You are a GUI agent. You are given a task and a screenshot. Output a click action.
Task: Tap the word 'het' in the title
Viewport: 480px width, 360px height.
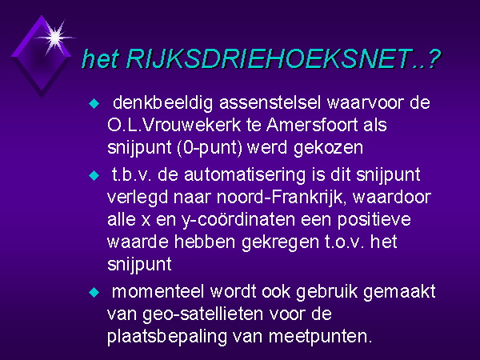100,58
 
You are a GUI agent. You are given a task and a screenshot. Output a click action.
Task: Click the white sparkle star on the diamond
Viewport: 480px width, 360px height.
54,38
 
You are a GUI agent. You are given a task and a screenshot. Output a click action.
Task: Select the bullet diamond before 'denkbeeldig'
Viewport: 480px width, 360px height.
94,103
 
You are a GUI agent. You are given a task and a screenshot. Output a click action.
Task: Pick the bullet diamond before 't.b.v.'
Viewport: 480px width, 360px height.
94,176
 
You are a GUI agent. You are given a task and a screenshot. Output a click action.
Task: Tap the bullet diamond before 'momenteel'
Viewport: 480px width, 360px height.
94,292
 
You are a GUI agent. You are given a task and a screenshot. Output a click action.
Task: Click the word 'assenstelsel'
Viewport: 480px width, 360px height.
270,102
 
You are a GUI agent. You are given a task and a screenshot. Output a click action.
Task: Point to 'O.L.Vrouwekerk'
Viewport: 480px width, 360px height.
174,125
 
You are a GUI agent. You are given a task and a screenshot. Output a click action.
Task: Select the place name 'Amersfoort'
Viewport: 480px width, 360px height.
312,125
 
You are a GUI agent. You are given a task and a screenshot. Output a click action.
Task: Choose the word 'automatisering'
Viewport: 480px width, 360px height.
245,175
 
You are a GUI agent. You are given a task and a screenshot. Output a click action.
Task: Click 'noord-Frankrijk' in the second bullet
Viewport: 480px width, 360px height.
284,198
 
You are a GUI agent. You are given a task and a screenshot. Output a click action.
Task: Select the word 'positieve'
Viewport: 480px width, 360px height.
374,221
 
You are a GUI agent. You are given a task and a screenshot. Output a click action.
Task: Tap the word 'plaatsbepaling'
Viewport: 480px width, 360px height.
167,338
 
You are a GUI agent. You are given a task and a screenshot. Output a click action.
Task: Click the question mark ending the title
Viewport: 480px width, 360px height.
433,58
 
